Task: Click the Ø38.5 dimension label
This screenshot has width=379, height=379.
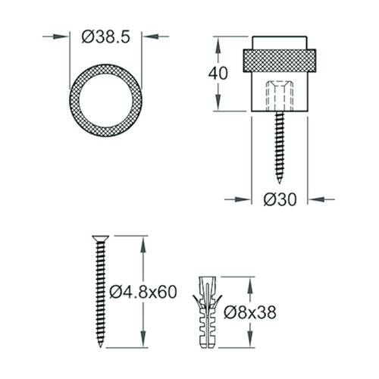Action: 105,37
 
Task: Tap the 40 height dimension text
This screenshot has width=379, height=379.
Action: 218,74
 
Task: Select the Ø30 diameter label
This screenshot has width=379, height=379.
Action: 280,199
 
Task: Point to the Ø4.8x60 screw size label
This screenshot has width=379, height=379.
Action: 143,292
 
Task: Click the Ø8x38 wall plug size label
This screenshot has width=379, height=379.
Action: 250,312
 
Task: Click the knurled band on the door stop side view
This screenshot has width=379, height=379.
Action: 280,61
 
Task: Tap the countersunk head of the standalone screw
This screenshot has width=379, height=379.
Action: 101,238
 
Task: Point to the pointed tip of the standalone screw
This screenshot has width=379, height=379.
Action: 100,347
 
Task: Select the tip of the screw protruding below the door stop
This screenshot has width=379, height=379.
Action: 280,183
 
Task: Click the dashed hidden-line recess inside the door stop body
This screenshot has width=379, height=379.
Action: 280,96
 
